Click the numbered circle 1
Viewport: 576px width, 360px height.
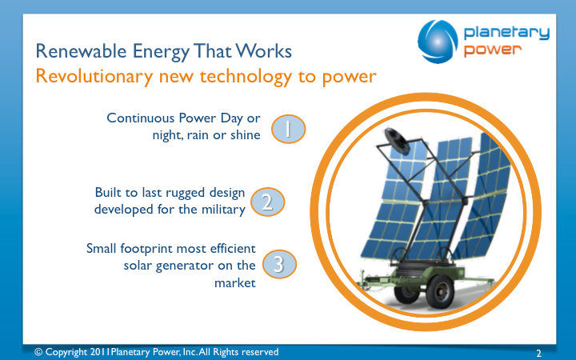click(288, 129)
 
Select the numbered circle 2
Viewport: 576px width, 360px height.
click(267, 202)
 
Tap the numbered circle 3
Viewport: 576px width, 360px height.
click(279, 264)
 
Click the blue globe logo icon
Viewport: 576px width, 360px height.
click(438, 42)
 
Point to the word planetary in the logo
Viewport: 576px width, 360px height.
click(506, 33)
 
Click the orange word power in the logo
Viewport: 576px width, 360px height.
click(492, 50)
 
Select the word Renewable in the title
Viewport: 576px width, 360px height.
click(81, 50)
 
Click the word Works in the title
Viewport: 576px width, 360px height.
click(263, 50)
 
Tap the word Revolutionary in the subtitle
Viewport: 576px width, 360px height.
click(94, 77)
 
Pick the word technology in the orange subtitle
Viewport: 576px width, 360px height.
click(246, 77)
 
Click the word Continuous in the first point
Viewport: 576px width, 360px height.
click(140, 118)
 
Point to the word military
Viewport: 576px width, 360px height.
click(223, 210)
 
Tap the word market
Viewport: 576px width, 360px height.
click(234, 283)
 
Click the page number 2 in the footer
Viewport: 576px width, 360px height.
click(538, 353)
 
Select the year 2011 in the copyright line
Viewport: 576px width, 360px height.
click(100, 352)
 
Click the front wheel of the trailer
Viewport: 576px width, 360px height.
click(440, 291)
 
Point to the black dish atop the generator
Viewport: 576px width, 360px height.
click(397, 140)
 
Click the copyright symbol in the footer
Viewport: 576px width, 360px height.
click(38, 352)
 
